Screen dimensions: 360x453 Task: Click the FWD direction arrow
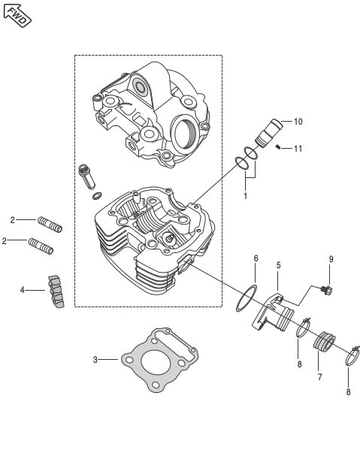17,16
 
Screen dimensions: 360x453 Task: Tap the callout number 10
298,122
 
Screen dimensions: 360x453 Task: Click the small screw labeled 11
278,147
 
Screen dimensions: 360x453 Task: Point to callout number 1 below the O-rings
245,196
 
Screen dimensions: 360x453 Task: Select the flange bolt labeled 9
327,290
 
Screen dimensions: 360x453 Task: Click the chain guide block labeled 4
56,291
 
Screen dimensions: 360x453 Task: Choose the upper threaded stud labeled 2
50,225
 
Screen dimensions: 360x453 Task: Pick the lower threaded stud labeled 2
41,246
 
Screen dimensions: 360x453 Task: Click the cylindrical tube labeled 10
269,133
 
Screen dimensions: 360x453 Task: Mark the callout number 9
331,259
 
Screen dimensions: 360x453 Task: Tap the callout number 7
319,377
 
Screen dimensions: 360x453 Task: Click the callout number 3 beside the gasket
95,360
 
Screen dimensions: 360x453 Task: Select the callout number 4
23,290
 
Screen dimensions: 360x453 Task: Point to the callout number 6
256,258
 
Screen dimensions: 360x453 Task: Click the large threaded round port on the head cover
183,131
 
